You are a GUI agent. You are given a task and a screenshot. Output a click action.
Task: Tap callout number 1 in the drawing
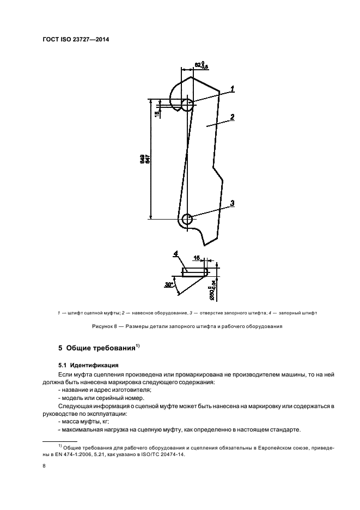233,89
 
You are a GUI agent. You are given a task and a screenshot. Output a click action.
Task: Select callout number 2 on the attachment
233,117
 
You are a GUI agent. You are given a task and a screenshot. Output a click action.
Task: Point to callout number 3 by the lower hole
233,203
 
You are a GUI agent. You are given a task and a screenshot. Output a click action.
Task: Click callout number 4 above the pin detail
176,253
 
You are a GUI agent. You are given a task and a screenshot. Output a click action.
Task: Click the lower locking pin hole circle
187,220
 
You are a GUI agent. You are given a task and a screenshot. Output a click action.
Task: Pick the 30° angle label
169,284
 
